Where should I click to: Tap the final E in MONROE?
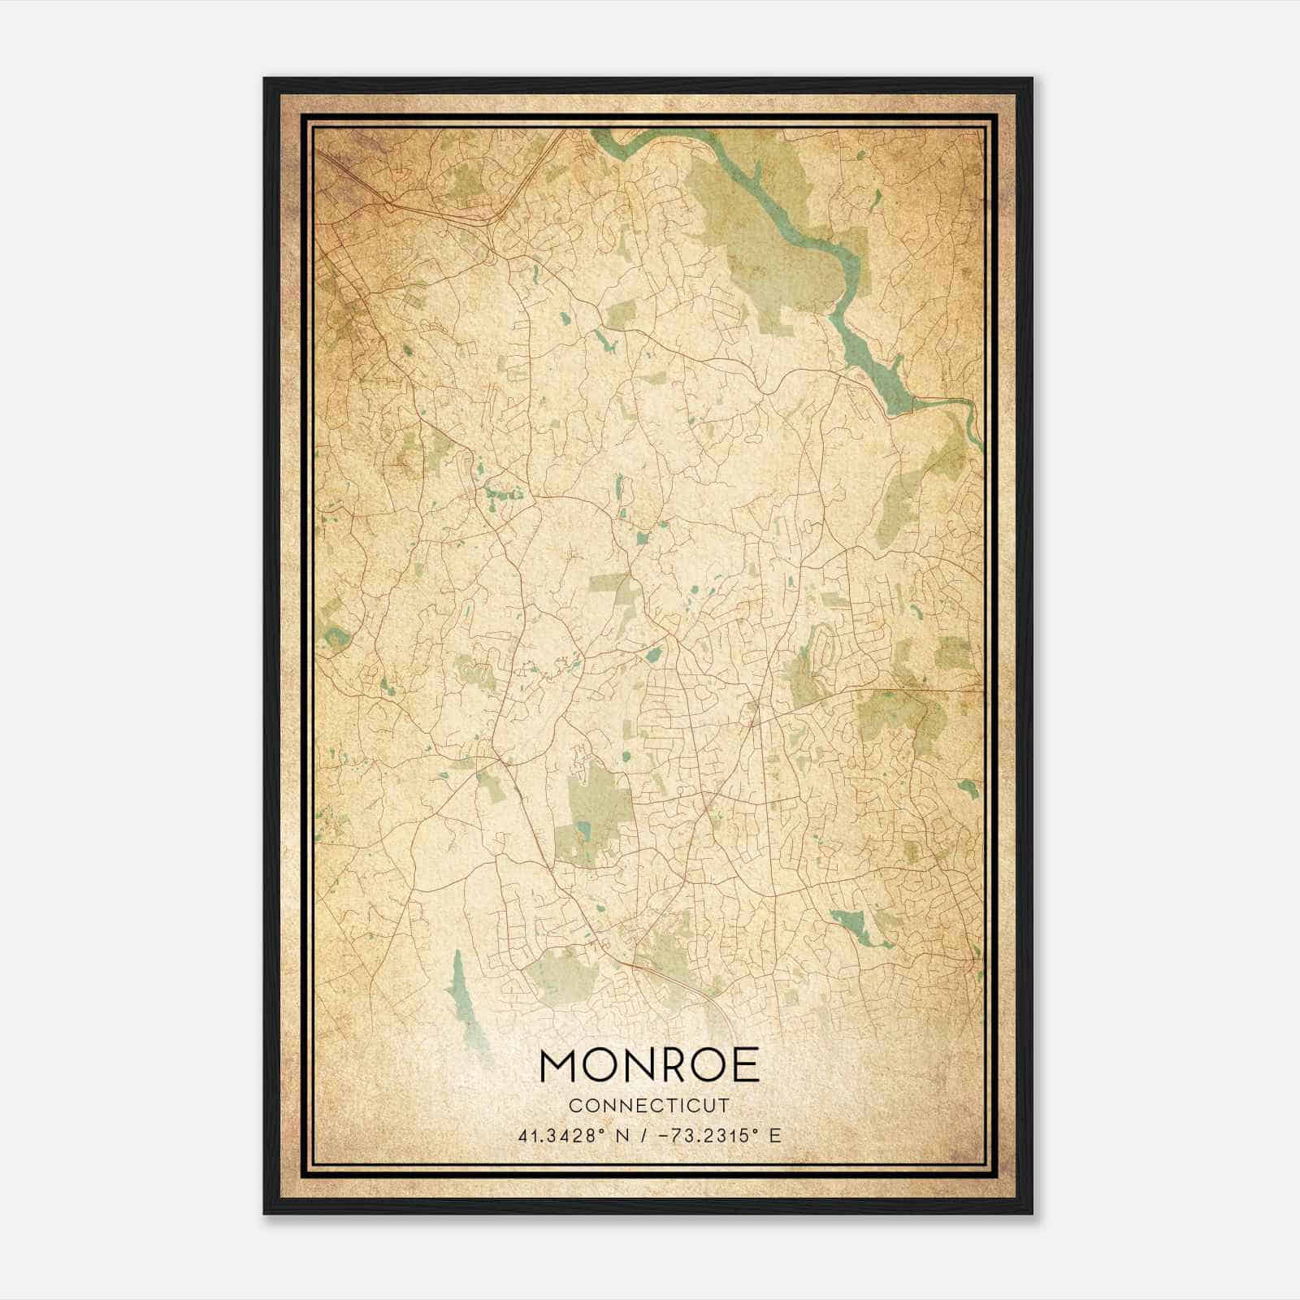click(745, 1066)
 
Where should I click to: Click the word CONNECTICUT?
click(649, 1106)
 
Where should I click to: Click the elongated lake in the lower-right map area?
click(853, 926)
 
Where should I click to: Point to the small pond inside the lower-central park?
click(583, 830)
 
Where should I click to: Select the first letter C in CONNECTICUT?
click(574, 1106)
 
